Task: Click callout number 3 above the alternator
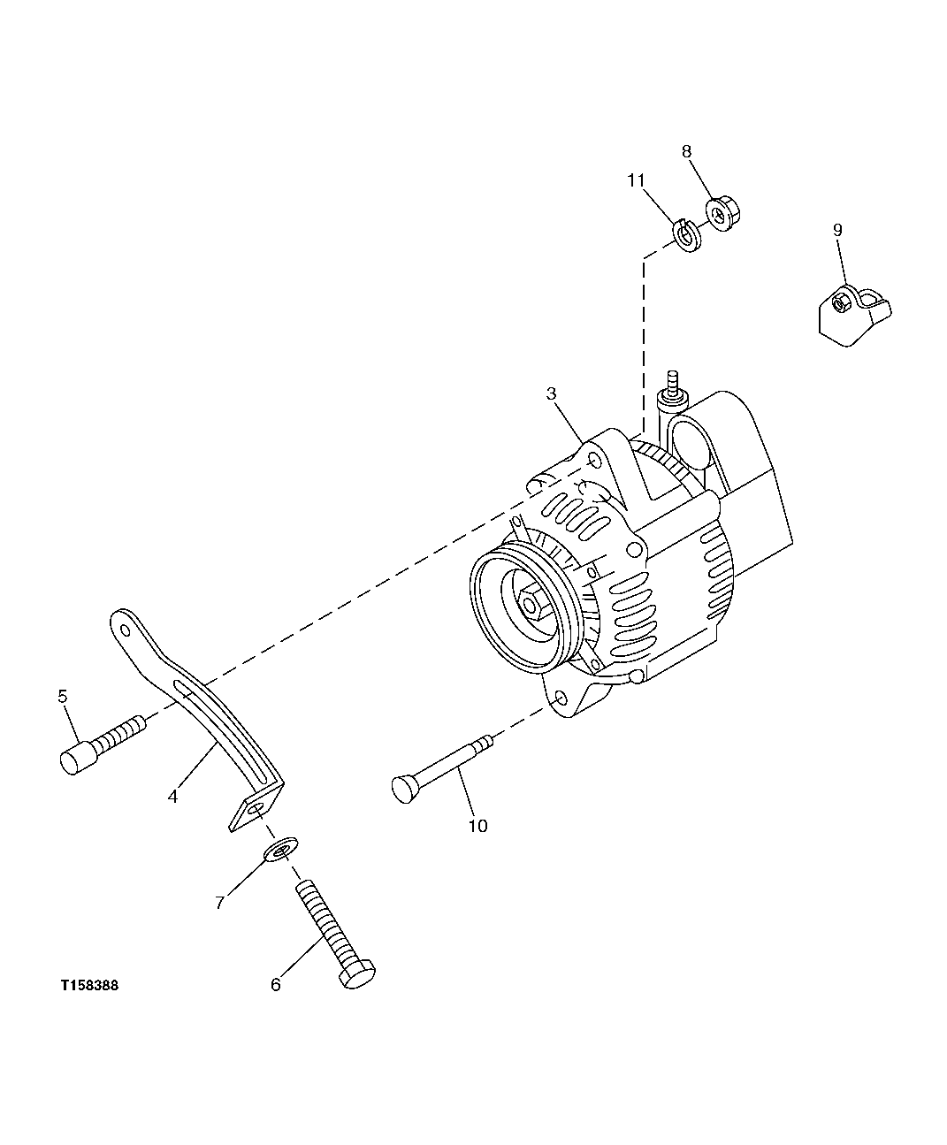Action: pyautogui.click(x=551, y=393)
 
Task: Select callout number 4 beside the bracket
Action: pyautogui.click(x=173, y=796)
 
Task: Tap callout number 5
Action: pyautogui.click(x=63, y=696)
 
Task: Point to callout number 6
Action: pyautogui.click(x=275, y=984)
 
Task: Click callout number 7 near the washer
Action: pyautogui.click(x=220, y=902)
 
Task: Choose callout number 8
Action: pyautogui.click(x=686, y=151)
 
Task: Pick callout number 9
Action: pyautogui.click(x=836, y=230)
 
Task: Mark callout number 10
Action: pyautogui.click(x=477, y=826)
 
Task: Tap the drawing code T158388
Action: pyautogui.click(x=89, y=985)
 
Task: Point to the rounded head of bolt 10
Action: pyautogui.click(x=402, y=788)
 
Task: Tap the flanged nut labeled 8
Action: pyautogui.click(x=724, y=213)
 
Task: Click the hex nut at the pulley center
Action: pyautogui.click(x=531, y=606)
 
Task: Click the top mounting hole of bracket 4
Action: pyautogui.click(x=126, y=630)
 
